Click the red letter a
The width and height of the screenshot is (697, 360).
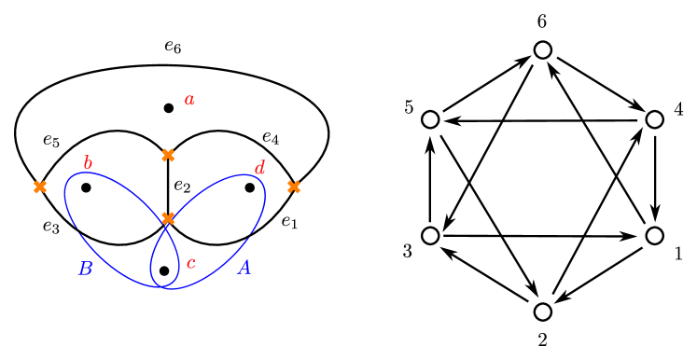pos(189,100)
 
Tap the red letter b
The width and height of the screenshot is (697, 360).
pos(88,164)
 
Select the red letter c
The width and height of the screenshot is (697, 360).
pos(191,263)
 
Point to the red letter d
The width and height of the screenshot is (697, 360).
pos(259,169)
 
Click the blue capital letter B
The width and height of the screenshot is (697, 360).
pos(85,270)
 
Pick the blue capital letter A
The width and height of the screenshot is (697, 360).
pos(244,269)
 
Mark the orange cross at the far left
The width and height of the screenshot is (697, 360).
pos(40,187)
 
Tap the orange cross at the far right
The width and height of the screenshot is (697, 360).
pos(294,187)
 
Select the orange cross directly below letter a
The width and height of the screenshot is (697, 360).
pos(168,156)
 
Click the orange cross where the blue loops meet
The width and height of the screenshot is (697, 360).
pos(168,218)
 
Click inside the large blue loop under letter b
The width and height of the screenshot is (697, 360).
pos(107,219)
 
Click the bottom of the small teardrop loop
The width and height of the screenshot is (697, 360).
pos(165,286)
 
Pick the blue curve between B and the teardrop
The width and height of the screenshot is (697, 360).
pos(121,270)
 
